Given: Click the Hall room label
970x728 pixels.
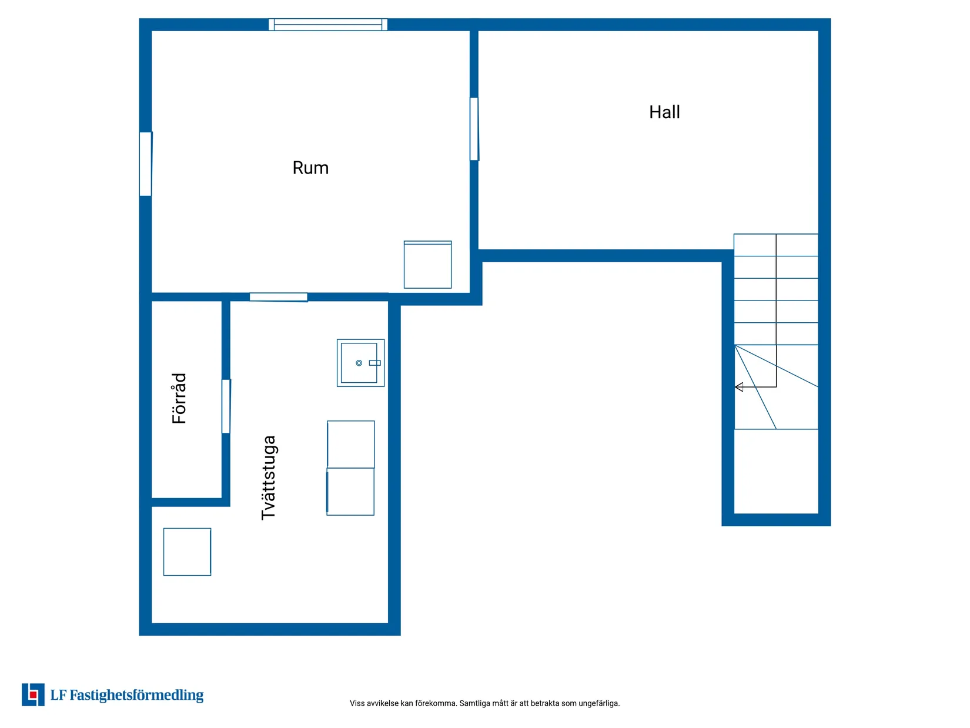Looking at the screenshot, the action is click(x=664, y=112).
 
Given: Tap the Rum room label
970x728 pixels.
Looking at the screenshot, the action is click(x=310, y=168).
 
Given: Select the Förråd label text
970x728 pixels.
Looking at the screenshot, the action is click(x=179, y=398).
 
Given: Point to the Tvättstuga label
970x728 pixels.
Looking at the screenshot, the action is click(x=268, y=477).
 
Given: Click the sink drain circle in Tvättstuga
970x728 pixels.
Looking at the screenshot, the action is click(x=359, y=363).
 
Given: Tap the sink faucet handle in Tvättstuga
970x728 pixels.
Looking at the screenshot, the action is click(x=374, y=363).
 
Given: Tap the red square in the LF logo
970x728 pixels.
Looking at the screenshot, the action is click(x=33, y=695).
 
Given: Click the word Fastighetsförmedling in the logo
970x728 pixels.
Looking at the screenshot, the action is click(x=136, y=695).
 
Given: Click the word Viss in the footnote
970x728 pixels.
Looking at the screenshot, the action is click(x=357, y=703).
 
